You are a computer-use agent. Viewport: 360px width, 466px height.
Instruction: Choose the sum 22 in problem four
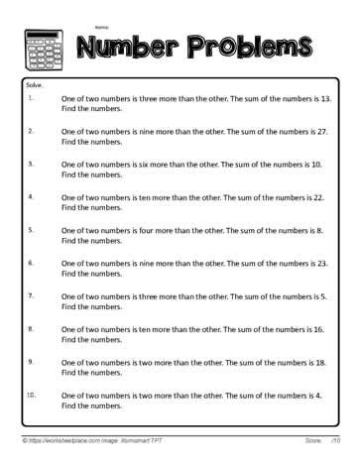pyautogui.click(x=320, y=198)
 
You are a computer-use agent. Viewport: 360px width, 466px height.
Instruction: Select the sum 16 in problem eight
pyautogui.click(x=320, y=329)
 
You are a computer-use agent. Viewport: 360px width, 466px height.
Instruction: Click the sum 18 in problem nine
pyautogui.click(x=319, y=364)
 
